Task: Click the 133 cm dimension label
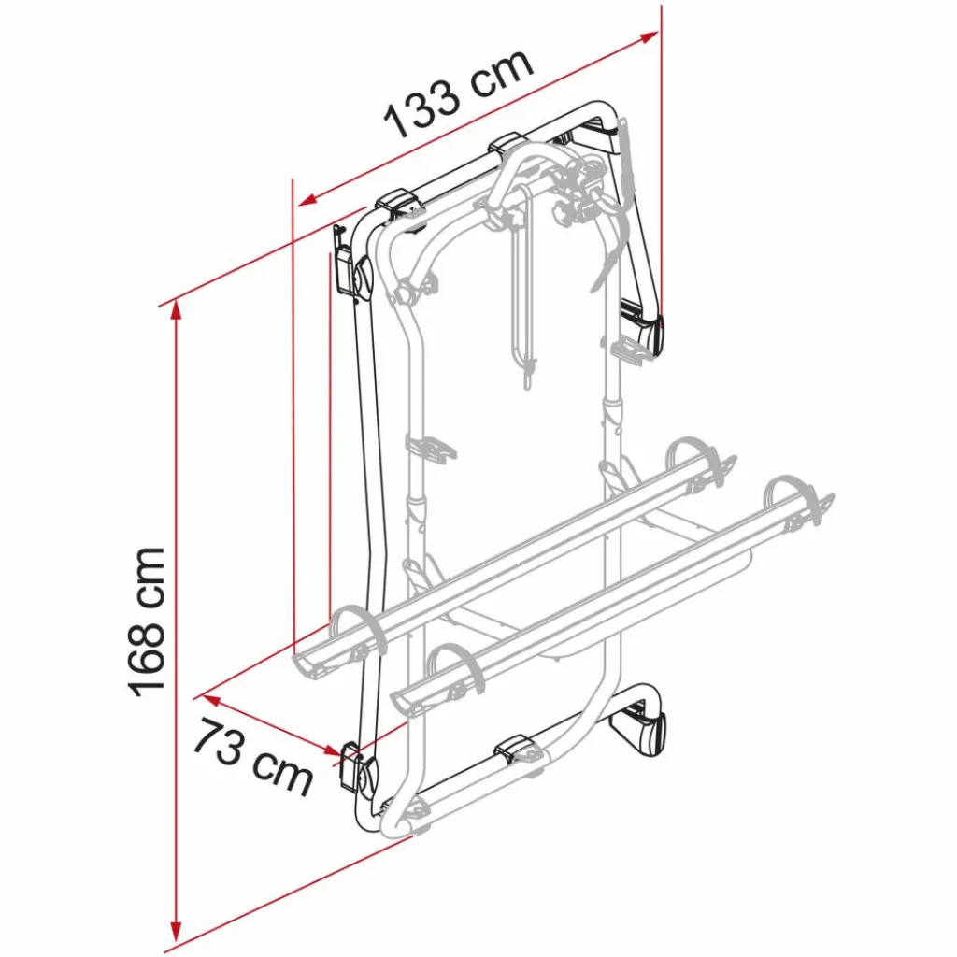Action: click(460, 93)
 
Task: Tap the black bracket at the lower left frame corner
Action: click(358, 769)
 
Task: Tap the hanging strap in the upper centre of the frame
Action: click(522, 299)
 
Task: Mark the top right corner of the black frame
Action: click(603, 110)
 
